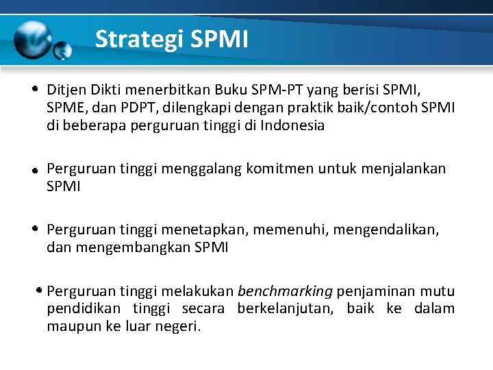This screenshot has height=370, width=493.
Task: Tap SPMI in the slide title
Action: click(220, 39)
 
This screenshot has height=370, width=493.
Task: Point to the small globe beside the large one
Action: click(63, 51)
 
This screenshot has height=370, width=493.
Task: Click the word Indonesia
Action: click(292, 125)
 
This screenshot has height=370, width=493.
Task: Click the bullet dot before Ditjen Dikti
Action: click(34, 90)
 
